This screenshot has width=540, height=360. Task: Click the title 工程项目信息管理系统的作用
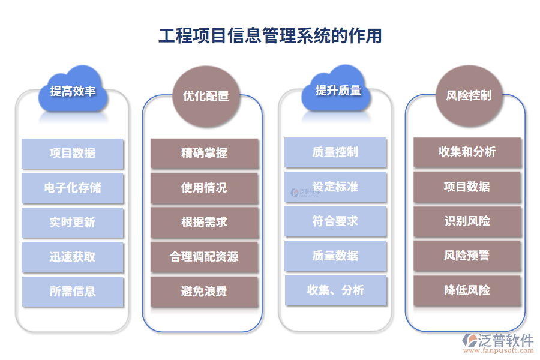pos(270,35)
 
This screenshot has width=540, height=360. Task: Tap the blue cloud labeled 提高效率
pos(73,91)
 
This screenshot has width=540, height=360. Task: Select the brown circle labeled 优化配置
pos(205,95)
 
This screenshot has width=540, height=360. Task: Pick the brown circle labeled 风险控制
pos(469,95)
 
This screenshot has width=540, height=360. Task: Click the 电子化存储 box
pos(73,188)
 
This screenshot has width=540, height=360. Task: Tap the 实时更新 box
pos(73,222)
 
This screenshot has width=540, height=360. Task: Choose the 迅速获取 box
pos(73,257)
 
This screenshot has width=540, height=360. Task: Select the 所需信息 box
pos(73,292)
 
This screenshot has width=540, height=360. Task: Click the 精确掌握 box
pos(204,154)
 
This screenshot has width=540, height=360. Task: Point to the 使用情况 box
pos(204,188)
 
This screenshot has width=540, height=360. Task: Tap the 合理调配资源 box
pos(204,257)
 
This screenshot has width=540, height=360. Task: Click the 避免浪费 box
pos(204,292)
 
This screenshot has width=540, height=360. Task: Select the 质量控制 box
pos(335,152)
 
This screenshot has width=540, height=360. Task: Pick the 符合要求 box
pos(335,221)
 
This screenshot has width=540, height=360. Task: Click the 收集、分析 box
pos(335,290)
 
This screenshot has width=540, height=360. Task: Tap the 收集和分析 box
pos(467,152)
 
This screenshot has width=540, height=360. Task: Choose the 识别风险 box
pos(467,221)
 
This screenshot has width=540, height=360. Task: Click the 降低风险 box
pos(467,290)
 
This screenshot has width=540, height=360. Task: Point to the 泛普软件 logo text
pos(505,340)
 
